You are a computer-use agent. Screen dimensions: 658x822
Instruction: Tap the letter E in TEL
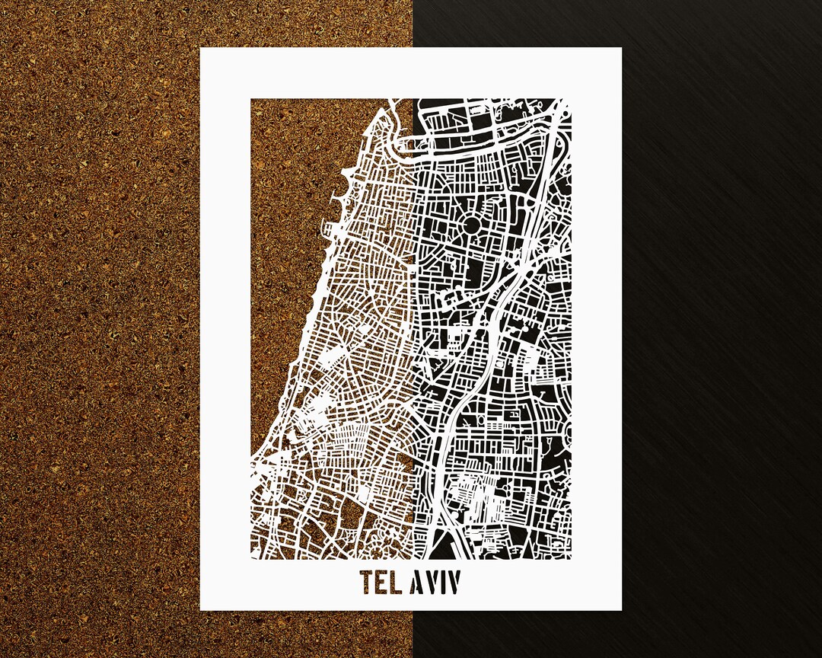point(384,583)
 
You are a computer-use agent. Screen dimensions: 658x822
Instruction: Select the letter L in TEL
point(399,583)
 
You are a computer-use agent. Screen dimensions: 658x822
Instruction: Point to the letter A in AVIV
point(418,583)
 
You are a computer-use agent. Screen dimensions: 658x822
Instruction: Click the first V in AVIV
point(432,583)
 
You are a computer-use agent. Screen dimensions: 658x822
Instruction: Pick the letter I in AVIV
point(444,583)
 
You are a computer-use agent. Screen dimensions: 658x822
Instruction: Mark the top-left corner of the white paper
point(201,49)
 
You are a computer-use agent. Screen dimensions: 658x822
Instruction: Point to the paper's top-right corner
point(621,49)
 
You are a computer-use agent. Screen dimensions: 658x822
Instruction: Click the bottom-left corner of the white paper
point(201,610)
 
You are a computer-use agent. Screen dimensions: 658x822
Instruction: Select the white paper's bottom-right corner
point(621,610)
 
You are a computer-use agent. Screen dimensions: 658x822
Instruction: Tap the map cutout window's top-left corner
point(251,99)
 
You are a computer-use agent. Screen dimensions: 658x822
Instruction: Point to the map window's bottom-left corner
point(251,559)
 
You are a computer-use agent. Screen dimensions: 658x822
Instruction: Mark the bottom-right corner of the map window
point(571,559)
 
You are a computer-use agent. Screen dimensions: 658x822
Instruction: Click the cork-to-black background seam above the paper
point(413,23)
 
